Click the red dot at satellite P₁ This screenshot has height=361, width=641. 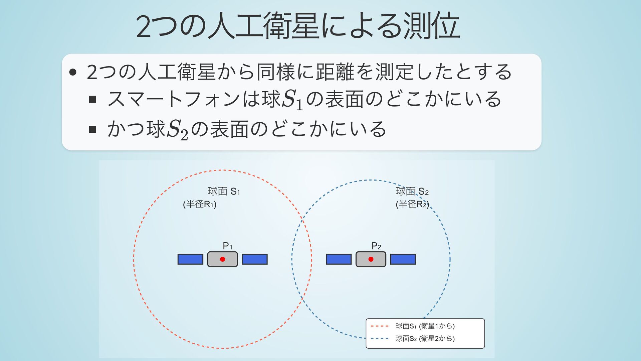point(222,259)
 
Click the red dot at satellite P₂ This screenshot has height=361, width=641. point(371,259)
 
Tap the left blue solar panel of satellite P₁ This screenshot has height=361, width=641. point(190,259)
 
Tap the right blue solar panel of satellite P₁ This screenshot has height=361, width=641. point(254,259)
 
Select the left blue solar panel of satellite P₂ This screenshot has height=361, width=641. point(339,259)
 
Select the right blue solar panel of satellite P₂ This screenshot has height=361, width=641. point(403,259)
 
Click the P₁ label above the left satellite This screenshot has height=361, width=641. point(227,246)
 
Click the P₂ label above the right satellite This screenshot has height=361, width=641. point(376,246)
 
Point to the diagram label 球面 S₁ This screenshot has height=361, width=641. point(224,191)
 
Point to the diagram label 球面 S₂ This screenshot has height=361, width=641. point(412,191)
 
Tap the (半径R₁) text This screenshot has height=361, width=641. point(200,204)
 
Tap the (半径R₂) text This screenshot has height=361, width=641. point(412,204)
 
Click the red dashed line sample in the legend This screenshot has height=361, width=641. point(380,326)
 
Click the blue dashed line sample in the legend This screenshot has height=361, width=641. point(380,338)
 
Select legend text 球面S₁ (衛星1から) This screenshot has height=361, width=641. point(425,326)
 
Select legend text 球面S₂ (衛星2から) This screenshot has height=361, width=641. point(425,338)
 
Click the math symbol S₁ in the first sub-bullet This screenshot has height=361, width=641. point(292,100)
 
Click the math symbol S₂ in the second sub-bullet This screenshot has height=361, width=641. point(177,130)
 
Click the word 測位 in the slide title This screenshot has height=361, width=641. point(431,26)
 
